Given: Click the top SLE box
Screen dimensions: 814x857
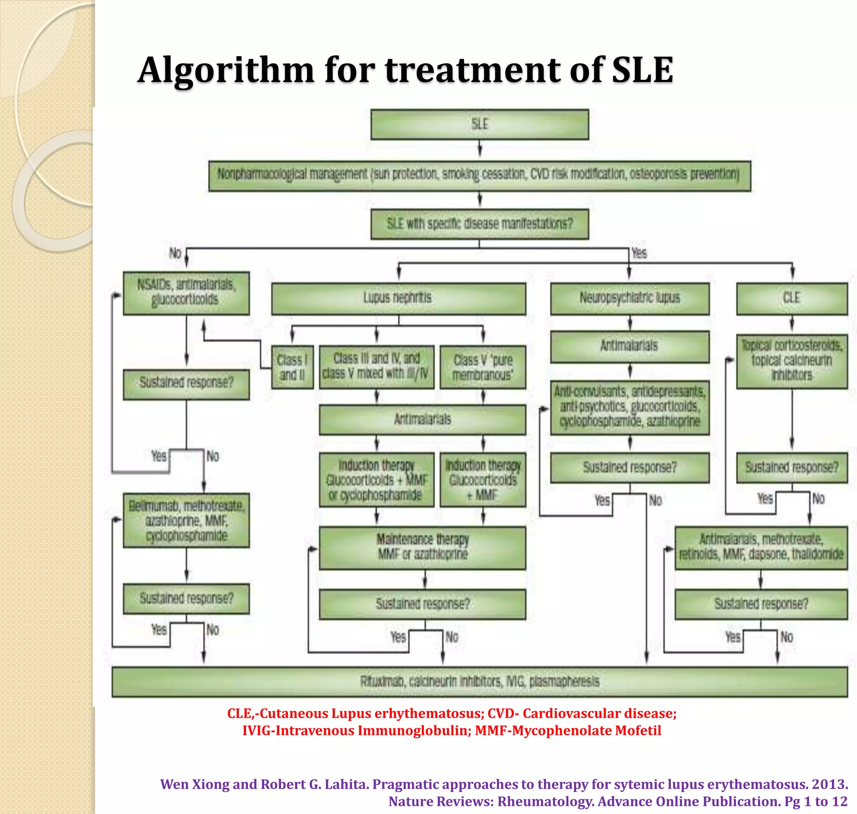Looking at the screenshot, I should pyautogui.click(x=479, y=125).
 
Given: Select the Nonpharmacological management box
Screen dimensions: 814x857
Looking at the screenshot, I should pyautogui.click(x=479, y=176).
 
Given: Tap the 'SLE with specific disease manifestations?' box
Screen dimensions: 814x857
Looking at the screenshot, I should pyautogui.click(x=479, y=224).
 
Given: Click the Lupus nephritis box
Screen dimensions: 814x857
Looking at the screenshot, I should pyautogui.click(x=398, y=299).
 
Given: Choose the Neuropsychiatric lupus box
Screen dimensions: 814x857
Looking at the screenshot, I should pyautogui.click(x=629, y=299).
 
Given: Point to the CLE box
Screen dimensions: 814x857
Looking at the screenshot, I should pyautogui.click(x=791, y=299).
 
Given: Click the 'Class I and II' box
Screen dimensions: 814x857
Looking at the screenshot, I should pyautogui.click(x=292, y=367).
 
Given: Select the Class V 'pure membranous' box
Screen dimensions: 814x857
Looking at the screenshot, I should pyautogui.click(x=483, y=367).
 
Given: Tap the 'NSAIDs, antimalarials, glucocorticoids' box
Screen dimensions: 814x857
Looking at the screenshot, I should pyautogui.click(x=186, y=293).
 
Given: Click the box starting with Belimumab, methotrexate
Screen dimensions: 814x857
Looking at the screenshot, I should pyautogui.click(x=186, y=520).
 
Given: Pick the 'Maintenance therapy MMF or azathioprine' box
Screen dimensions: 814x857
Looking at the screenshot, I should pyautogui.click(x=422, y=548).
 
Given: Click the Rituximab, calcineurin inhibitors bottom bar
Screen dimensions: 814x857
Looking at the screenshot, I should pyautogui.click(x=479, y=682).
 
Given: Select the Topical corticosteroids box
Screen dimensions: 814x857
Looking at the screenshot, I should pyautogui.click(x=791, y=361).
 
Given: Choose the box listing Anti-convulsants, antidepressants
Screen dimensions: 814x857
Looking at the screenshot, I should pyautogui.click(x=629, y=407).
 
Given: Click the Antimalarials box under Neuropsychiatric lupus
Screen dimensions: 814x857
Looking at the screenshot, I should pyautogui.click(x=629, y=347).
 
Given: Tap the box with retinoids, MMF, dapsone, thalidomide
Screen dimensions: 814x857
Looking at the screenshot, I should pyautogui.click(x=761, y=548).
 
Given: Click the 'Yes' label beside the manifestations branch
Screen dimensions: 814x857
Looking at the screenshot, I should pyautogui.click(x=639, y=253).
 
